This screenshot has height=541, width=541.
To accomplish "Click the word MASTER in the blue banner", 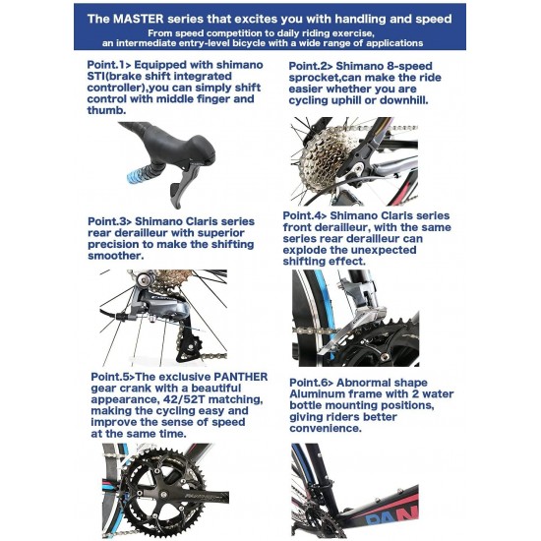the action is (x=139, y=19).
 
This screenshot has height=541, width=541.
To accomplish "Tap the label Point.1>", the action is (x=109, y=65).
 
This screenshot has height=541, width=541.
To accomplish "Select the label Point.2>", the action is (x=311, y=66).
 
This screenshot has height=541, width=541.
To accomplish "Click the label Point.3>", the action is (x=110, y=221).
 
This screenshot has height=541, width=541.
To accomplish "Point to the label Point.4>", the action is (x=305, y=215).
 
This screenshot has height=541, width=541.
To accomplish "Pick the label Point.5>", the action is (x=113, y=377).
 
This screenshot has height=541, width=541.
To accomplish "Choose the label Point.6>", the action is (x=312, y=383).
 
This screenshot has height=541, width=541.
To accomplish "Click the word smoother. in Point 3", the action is (x=116, y=256).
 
